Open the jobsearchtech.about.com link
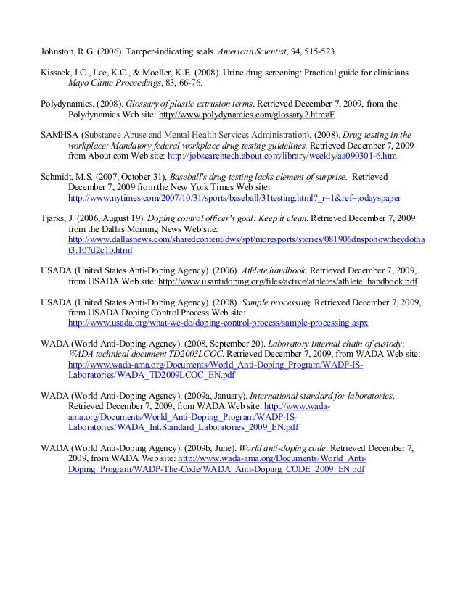[x=282, y=156]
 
